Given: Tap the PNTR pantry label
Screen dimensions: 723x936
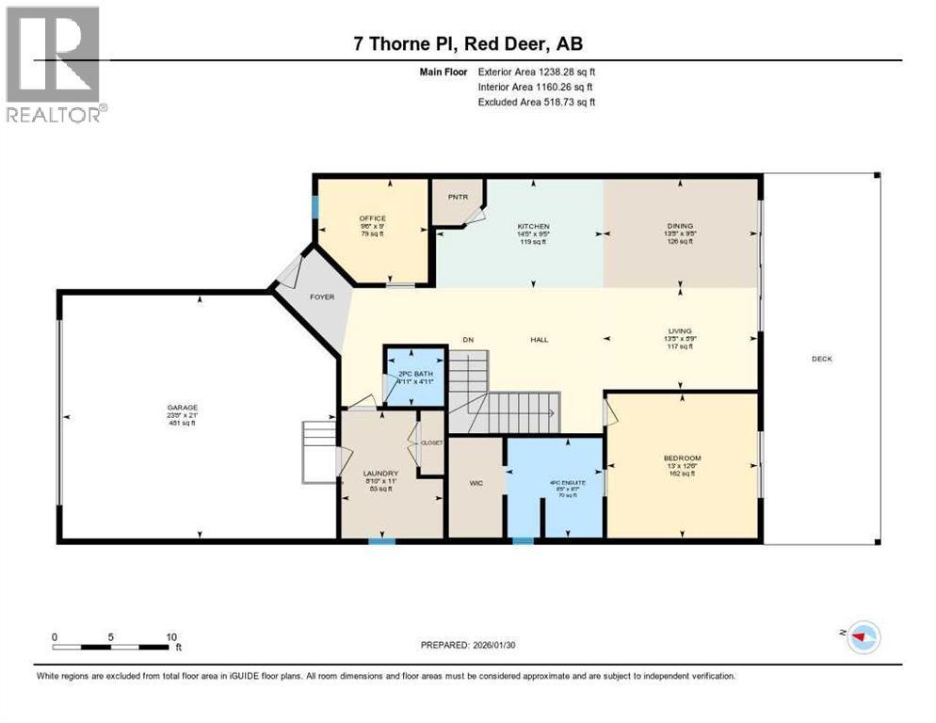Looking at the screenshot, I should click(x=458, y=197).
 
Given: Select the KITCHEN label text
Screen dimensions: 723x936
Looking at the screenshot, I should click(x=534, y=227).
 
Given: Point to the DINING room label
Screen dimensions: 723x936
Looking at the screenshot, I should click(x=680, y=226).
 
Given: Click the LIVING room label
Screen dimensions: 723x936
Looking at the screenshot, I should click(x=680, y=331).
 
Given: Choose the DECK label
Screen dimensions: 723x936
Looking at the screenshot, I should click(x=821, y=359).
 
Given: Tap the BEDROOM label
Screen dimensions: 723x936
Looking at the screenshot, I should click(x=682, y=458).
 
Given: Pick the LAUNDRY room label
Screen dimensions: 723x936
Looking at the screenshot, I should click(x=381, y=474).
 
